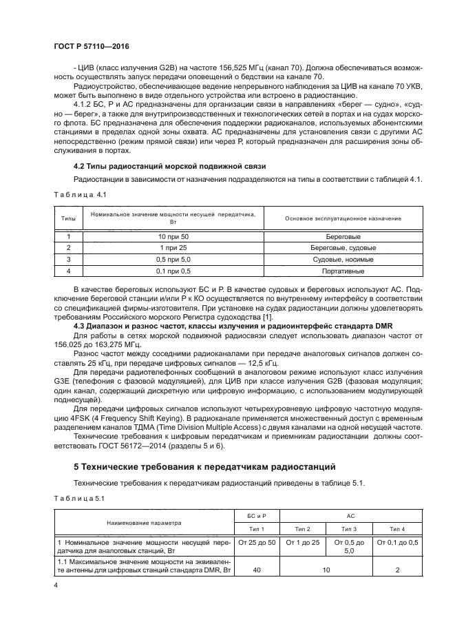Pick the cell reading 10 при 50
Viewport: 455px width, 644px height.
click(169, 236)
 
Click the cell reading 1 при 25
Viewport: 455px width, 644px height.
click(169, 248)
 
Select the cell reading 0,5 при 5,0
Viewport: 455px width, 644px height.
click(169, 260)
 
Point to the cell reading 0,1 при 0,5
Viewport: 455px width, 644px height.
click(169, 271)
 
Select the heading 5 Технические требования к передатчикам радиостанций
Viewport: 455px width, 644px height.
click(195, 466)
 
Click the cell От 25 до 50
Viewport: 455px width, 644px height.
click(256, 543)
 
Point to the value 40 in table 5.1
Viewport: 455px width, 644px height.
click(256, 570)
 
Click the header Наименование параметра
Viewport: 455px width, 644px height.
click(144, 523)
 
